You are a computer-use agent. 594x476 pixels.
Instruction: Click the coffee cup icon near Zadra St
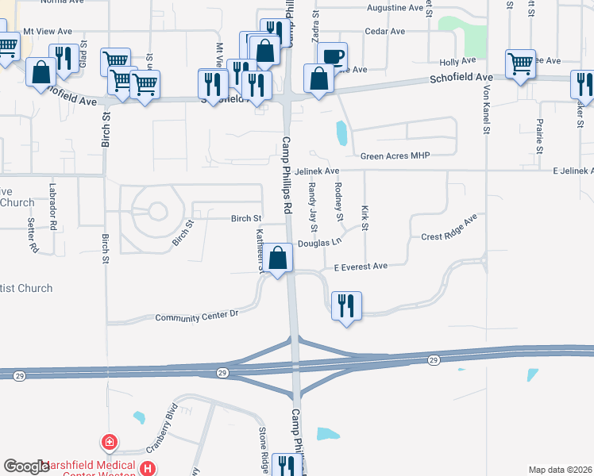(x=334, y=56)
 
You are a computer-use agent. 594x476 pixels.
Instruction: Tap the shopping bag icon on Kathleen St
(x=278, y=258)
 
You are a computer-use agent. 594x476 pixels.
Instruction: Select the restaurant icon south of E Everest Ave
(x=346, y=305)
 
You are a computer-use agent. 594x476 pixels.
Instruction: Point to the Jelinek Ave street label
(x=316, y=171)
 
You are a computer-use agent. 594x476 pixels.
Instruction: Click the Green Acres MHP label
(x=395, y=155)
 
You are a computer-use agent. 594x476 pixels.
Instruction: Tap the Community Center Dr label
(x=197, y=316)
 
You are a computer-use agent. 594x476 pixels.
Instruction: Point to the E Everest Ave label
(x=361, y=267)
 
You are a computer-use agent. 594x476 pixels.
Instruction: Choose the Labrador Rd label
(x=53, y=206)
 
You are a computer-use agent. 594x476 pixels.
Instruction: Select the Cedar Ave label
(x=384, y=32)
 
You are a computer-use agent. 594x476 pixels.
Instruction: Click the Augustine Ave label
(x=395, y=8)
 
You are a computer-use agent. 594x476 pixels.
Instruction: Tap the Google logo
(x=26, y=466)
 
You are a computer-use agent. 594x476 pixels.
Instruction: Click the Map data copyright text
(x=560, y=470)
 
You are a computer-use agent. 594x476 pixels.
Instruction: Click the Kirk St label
(x=365, y=217)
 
